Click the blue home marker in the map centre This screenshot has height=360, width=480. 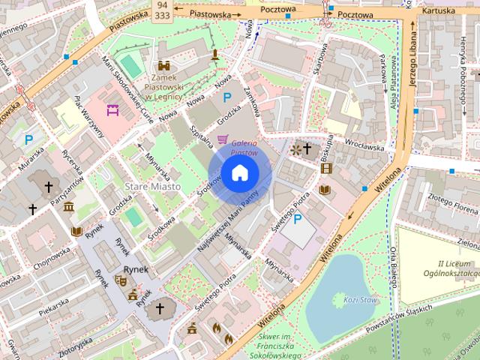(x=239, y=174)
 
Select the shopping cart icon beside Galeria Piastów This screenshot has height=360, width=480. (x=222, y=139)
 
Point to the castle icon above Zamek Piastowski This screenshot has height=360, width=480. (x=163, y=66)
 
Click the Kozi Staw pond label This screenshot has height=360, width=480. (x=358, y=299)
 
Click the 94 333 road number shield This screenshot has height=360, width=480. (x=161, y=9)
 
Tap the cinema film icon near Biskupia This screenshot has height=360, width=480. (x=325, y=168)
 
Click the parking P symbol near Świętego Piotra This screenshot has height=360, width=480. (x=298, y=220)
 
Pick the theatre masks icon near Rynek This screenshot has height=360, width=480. (x=120, y=280)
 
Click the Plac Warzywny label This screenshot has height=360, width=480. (x=88, y=117)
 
